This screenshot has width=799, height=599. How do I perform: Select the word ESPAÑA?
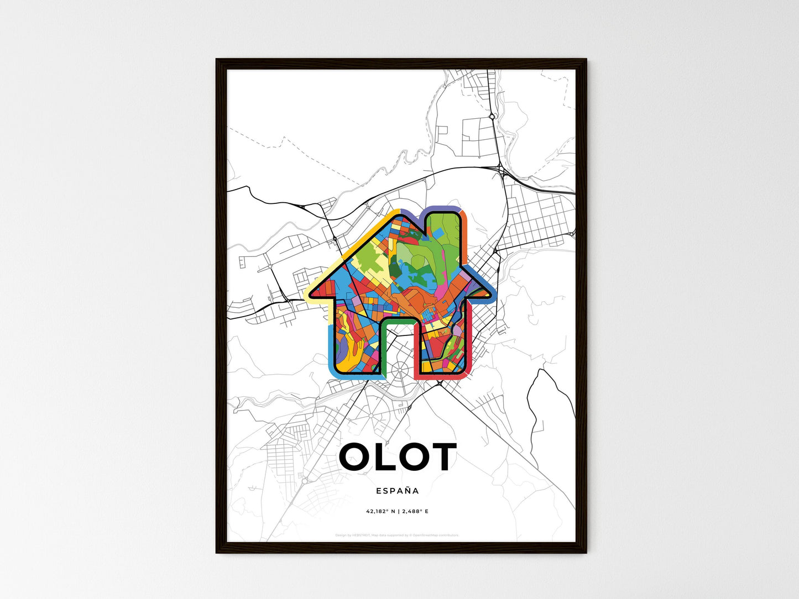pyautogui.click(x=397, y=491)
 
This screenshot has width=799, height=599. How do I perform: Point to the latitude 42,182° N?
pyautogui.click(x=380, y=512)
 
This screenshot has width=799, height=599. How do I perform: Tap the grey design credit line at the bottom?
pyautogui.click(x=397, y=535)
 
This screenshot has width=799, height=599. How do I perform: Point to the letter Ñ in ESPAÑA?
pyautogui.click(x=407, y=490)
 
